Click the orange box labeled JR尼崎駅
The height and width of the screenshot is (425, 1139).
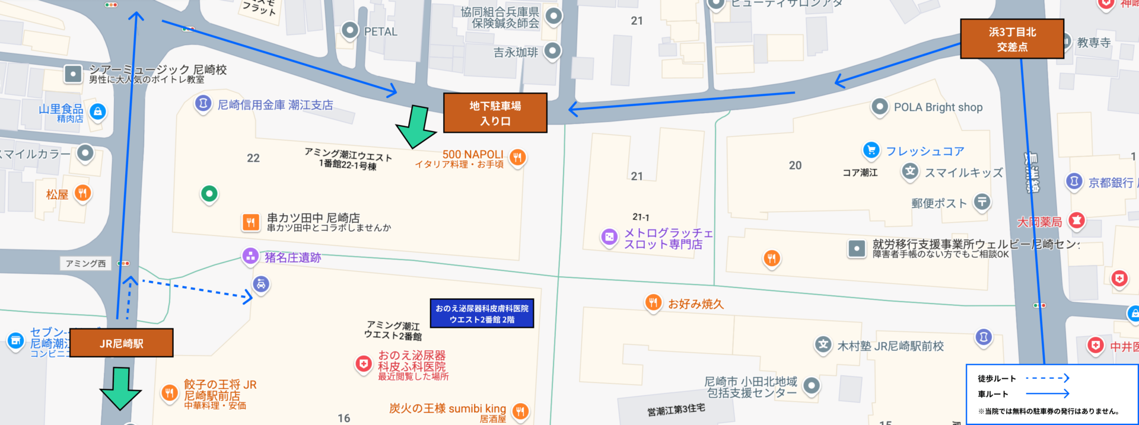click(x=121, y=343)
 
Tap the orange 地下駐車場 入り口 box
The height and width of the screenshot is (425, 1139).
click(x=495, y=113)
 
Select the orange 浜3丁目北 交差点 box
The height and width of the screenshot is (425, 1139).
click(x=1011, y=39)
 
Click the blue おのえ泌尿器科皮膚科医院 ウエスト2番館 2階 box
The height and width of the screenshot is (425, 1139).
click(x=482, y=314)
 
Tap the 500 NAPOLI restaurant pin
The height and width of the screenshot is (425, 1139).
click(x=518, y=157)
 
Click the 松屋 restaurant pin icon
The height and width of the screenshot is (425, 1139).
click(x=83, y=193)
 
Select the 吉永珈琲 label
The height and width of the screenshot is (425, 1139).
click(x=516, y=52)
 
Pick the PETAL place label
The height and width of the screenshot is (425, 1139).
click(x=380, y=31)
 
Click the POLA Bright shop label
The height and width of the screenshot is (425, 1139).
click(x=938, y=107)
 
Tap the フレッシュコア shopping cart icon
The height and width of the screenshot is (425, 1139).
click(x=871, y=150)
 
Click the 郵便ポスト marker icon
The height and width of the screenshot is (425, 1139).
click(x=982, y=202)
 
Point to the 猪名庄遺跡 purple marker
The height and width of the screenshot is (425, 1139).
click(x=250, y=257)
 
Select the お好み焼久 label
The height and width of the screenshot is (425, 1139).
click(x=695, y=304)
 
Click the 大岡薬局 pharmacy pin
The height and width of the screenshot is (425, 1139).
click(x=1076, y=221)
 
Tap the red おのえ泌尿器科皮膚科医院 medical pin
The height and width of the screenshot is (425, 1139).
click(x=363, y=363)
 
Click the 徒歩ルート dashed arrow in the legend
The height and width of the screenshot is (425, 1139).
click(x=1047, y=378)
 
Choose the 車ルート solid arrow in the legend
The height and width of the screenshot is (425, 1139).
click(x=1047, y=394)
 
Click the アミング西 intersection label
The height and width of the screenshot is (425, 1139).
click(x=86, y=263)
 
